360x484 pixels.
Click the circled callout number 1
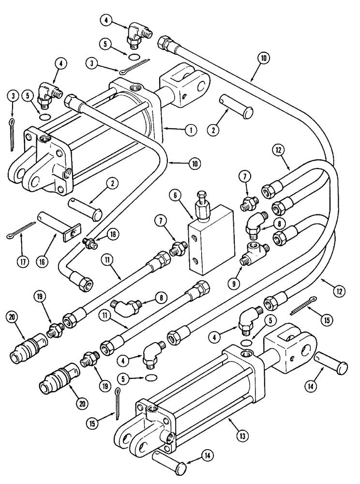tap(190, 130)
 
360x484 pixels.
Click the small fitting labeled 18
tap(89, 242)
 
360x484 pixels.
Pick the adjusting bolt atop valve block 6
tap(202, 202)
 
